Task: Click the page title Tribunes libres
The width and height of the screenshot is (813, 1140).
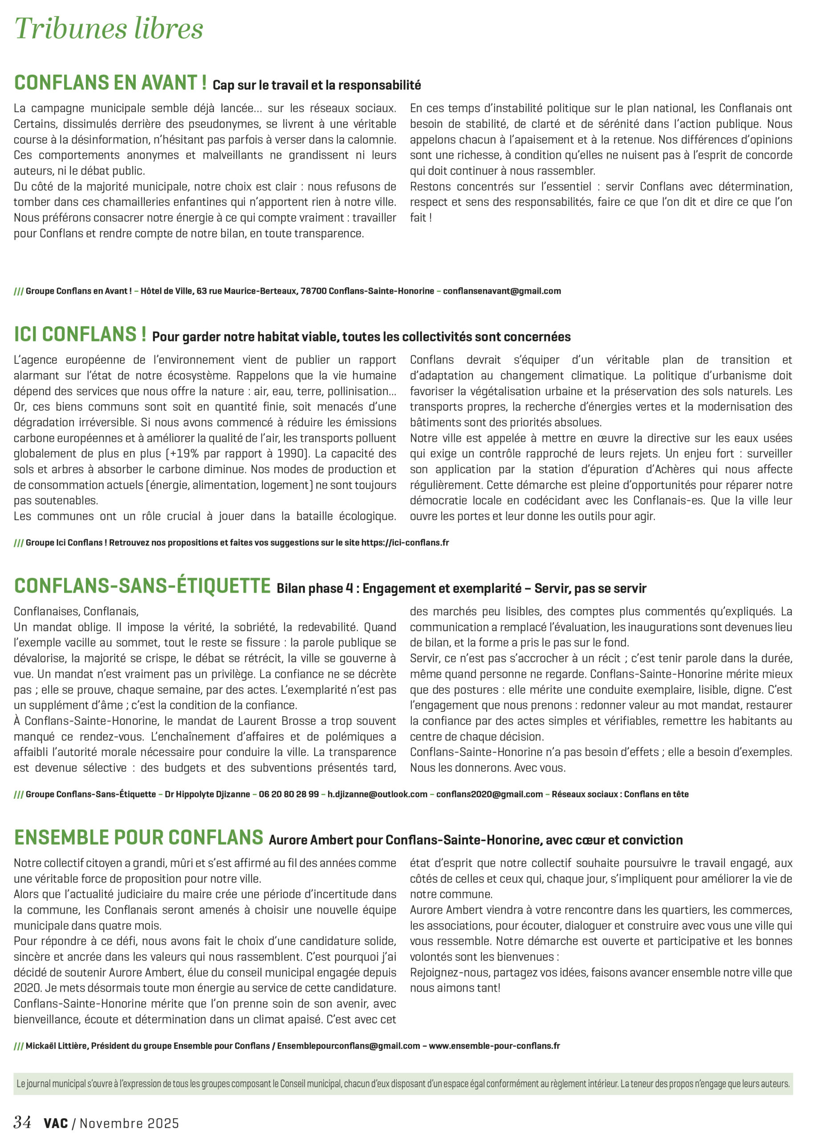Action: (109, 28)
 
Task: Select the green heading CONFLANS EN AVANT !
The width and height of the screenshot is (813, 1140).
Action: (110, 83)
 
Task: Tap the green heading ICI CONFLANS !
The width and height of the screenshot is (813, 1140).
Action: (80, 334)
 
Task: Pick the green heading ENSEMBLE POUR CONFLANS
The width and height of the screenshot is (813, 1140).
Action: (138, 838)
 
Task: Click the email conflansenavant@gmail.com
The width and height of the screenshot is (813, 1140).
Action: (502, 291)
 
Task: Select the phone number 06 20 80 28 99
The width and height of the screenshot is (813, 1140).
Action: (289, 794)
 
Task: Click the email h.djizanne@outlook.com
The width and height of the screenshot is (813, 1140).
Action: (378, 794)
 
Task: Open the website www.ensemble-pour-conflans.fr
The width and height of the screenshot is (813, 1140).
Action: (494, 1046)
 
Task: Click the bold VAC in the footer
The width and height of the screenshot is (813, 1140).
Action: (56, 1124)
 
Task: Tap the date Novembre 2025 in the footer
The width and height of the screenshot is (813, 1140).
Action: (129, 1124)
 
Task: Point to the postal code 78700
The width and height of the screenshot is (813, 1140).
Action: (313, 291)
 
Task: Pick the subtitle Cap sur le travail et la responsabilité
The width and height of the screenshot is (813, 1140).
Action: (317, 85)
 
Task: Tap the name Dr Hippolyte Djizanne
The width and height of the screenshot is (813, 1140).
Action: (207, 794)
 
